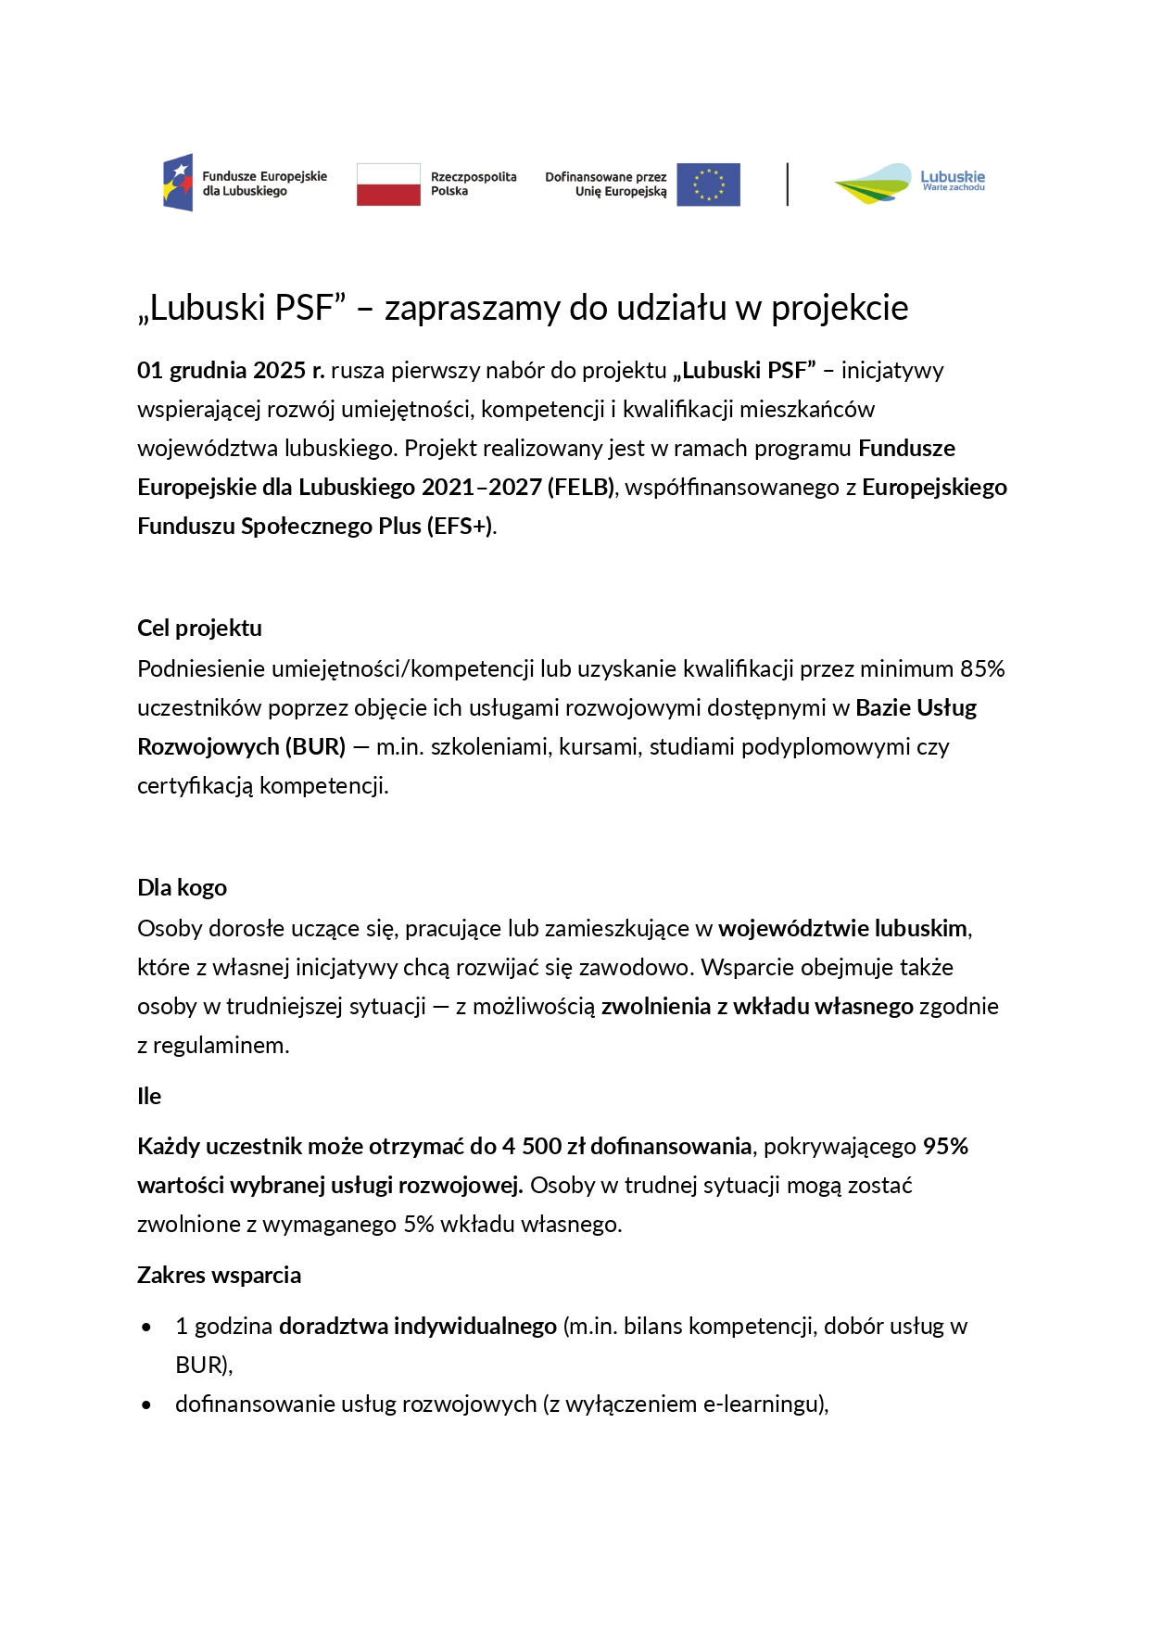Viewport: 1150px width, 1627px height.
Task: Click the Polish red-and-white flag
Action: (388, 184)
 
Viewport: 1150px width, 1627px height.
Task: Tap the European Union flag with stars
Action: (708, 184)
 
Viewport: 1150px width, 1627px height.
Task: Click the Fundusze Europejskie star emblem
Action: (178, 183)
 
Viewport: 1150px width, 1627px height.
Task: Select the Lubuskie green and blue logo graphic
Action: (873, 184)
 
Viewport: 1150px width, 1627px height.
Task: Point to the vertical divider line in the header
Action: (788, 184)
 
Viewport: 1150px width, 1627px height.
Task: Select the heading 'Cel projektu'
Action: (199, 628)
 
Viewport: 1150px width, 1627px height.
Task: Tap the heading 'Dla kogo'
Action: (182, 887)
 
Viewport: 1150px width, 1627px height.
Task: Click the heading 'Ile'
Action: (149, 1096)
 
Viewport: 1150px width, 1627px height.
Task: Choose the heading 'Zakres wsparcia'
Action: (219, 1275)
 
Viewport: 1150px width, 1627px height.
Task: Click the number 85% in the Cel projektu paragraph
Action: (982, 668)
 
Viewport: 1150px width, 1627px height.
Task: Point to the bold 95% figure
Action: (945, 1146)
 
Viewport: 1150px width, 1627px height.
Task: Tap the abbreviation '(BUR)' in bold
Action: (315, 746)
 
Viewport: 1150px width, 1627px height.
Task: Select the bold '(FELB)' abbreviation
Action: (581, 488)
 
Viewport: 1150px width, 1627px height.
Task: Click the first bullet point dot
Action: (146, 1327)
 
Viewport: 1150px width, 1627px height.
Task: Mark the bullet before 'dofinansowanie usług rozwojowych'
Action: (146, 1405)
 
